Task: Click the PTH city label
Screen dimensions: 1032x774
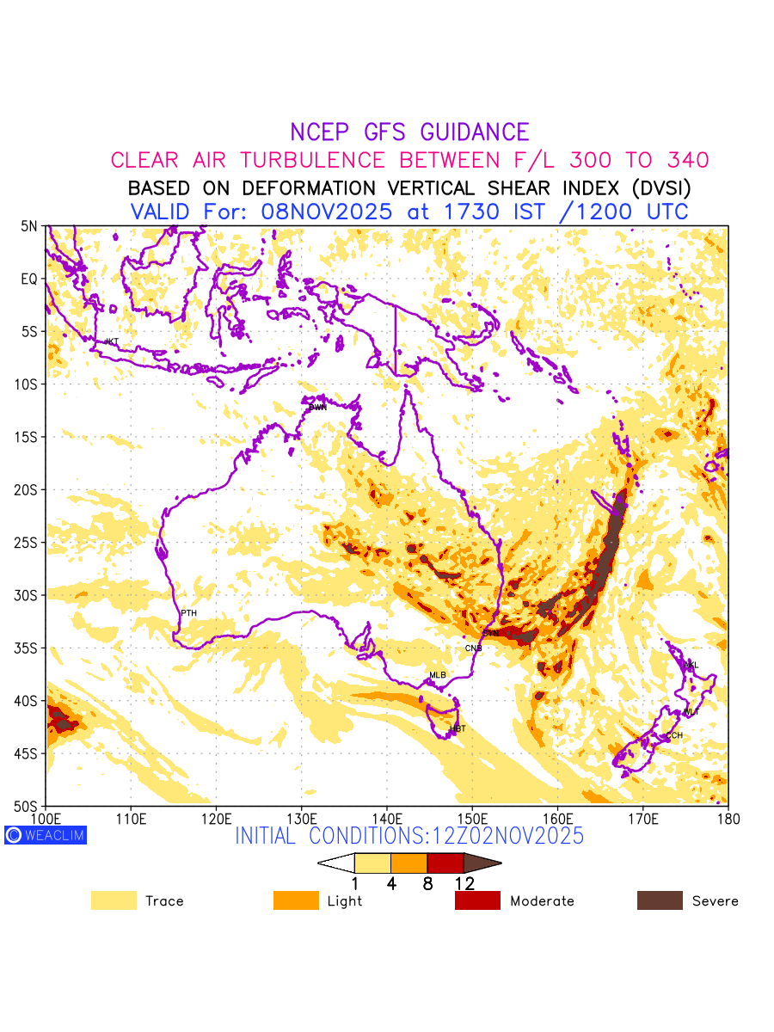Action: (188, 613)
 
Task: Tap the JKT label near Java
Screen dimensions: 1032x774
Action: (111, 342)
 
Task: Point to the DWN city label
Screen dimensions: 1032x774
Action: (318, 408)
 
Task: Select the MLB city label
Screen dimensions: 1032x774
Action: (438, 675)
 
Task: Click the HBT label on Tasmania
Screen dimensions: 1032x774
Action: (458, 729)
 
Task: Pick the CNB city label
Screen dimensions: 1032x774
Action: (473, 648)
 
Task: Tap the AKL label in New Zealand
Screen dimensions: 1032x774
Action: (691, 665)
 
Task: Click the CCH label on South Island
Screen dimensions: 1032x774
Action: (674, 735)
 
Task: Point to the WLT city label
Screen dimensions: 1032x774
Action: (691, 712)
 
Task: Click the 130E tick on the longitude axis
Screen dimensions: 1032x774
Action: (301, 816)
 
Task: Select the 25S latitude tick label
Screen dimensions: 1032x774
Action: (29, 543)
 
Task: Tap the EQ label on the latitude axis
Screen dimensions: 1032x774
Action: (30, 279)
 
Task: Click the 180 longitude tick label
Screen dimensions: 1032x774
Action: (727, 816)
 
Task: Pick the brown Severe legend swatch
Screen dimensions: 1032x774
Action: (660, 900)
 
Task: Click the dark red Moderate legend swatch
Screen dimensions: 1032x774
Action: (477, 900)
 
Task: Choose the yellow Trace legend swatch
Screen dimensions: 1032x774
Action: (114, 900)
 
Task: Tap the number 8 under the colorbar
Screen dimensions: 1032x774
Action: (427, 883)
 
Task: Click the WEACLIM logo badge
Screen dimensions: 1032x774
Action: (46, 834)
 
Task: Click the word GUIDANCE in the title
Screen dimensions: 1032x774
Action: (474, 132)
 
